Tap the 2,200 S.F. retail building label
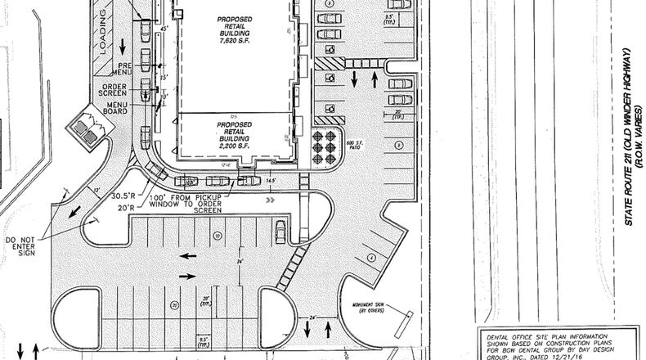click(x=234, y=135)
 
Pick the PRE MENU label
click(x=126, y=67)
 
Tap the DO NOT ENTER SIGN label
click(x=20, y=246)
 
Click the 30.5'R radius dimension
click(x=123, y=195)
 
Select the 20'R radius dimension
click(x=125, y=208)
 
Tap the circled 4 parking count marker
click(x=370, y=257)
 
